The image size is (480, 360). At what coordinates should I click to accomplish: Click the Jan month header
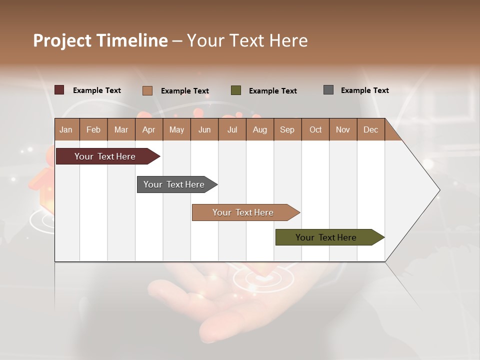tap(66, 129)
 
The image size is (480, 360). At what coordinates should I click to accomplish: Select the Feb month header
tap(93, 129)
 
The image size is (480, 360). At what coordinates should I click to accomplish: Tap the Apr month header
tap(148, 129)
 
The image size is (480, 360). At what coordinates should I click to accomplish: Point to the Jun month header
tap(204, 129)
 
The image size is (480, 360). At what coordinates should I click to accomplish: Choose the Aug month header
tap(259, 129)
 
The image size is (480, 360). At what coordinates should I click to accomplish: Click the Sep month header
tap(287, 129)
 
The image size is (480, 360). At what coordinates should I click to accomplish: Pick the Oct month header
tap(315, 129)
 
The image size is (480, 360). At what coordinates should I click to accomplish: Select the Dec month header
tap(370, 129)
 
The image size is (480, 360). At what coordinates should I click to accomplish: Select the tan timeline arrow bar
tap(243, 212)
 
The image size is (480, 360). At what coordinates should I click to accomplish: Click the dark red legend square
tap(59, 90)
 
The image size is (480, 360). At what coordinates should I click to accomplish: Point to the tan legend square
tap(147, 90)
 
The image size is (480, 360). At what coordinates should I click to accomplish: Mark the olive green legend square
tap(236, 90)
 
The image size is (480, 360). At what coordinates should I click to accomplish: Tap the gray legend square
tap(328, 90)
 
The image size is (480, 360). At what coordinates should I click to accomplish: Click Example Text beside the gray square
tap(364, 90)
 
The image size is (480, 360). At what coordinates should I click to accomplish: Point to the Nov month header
tap(342, 129)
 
